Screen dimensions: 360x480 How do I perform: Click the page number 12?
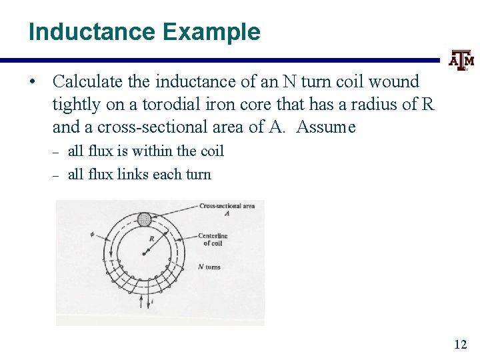(x=460, y=344)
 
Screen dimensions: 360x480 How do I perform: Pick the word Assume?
(x=326, y=127)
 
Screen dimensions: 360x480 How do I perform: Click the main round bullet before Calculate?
(x=32, y=82)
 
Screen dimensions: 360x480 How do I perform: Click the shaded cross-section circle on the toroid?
(x=144, y=219)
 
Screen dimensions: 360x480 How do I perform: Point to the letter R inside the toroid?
(x=153, y=238)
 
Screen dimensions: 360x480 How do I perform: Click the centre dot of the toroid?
(x=145, y=253)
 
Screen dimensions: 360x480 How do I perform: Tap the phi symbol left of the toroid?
(x=93, y=234)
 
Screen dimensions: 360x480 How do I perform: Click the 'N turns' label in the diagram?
(x=209, y=267)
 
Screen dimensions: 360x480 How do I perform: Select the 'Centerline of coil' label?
(x=213, y=239)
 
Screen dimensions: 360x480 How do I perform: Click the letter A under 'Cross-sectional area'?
(x=227, y=213)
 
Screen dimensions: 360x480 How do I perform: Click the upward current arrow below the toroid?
(x=140, y=301)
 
